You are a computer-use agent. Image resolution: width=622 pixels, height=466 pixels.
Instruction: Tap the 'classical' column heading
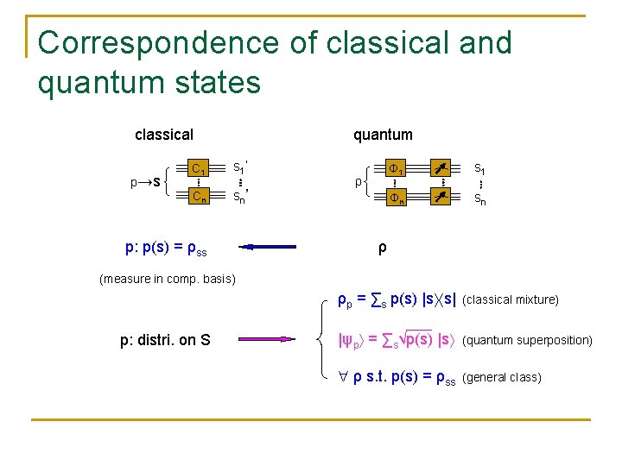164,135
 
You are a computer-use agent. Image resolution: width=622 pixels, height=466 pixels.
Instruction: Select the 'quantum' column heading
383,135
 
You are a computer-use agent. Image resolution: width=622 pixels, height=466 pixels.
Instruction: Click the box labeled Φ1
396,167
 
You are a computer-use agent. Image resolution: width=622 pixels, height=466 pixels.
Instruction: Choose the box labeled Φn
396,198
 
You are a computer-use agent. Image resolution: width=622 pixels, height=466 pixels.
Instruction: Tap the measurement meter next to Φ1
442,167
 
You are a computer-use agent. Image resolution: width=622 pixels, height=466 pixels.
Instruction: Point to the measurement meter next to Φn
442,198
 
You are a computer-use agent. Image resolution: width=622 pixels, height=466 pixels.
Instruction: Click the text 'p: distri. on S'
165,340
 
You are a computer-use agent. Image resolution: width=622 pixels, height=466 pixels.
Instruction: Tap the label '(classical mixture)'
511,300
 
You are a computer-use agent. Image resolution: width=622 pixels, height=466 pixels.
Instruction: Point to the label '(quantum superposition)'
527,340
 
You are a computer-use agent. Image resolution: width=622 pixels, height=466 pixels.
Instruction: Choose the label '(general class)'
502,377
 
